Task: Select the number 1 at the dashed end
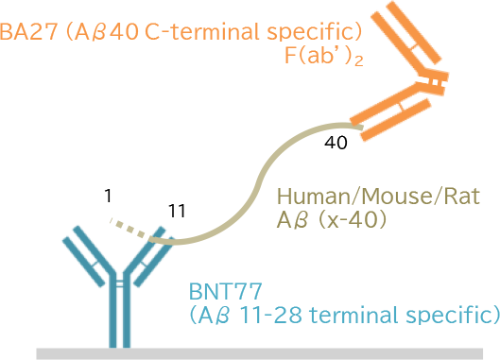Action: [x=109, y=197]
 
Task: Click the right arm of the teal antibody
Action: [x=149, y=250]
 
